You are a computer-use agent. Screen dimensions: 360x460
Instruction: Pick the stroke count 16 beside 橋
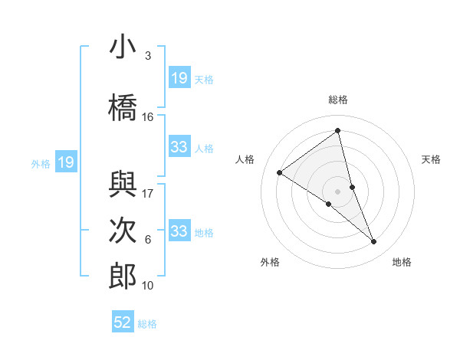coord(148,116)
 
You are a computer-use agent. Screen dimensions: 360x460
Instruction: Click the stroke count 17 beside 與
coord(148,194)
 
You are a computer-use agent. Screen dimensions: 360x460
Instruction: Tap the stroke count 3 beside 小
coord(147,57)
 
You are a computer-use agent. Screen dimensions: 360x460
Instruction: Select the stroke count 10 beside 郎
coord(148,286)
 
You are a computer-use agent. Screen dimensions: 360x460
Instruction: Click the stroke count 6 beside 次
coord(147,240)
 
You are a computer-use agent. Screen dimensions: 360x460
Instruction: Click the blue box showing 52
coord(123,322)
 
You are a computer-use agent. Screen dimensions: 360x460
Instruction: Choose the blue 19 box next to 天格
coord(179,78)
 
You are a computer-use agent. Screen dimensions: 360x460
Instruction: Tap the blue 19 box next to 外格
coord(65,162)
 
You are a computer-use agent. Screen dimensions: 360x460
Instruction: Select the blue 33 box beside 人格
coord(179,147)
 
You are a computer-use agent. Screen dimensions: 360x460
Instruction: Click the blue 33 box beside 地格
coord(179,231)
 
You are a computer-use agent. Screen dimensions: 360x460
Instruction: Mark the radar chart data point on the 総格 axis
coord(337,129)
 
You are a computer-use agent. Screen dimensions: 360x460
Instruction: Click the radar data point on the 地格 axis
coord(374,241)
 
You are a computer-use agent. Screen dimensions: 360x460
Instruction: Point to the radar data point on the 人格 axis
coord(279,172)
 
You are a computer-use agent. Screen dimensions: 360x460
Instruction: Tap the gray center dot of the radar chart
coord(337,191)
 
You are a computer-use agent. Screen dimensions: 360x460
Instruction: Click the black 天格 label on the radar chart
coord(432,159)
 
